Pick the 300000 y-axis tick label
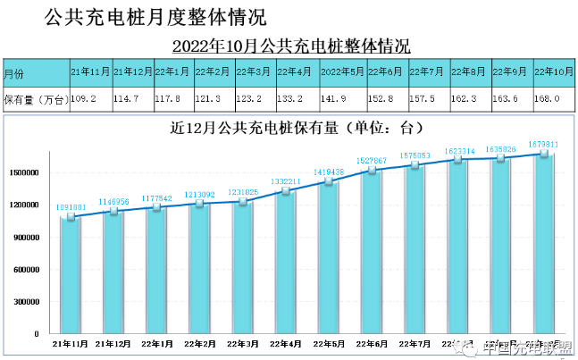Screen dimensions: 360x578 click(x=28, y=302)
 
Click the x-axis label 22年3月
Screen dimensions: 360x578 click(x=241, y=344)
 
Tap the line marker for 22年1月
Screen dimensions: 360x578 click(x=156, y=208)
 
